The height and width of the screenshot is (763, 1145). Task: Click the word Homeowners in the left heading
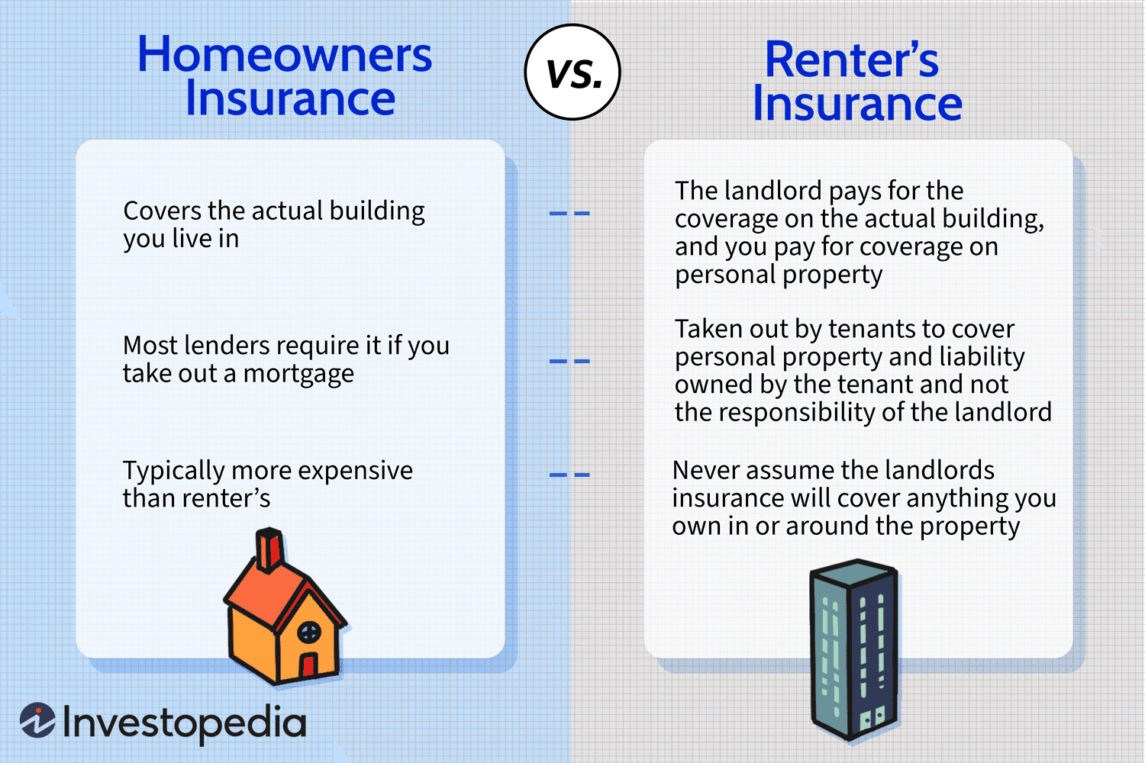(x=284, y=55)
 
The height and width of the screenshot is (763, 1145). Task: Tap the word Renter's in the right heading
(x=851, y=60)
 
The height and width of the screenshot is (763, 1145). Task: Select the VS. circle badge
(x=572, y=72)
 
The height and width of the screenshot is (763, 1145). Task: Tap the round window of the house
(x=309, y=632)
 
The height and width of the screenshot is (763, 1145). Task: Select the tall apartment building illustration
(x=853, y=649)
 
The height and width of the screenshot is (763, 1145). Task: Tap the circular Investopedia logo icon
(x=37, y=720)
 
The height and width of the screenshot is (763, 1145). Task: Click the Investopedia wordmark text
(x=185, y=723)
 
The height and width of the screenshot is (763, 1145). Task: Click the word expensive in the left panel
(x=355, y=471)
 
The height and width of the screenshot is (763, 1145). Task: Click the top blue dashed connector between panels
(x=569, y=214)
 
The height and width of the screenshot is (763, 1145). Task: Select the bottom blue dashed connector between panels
(x=569, y=475)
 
